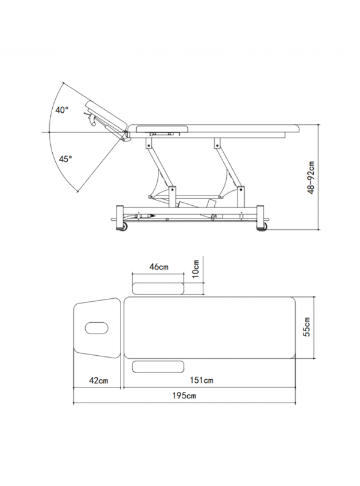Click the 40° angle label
point(62,110)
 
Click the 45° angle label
point(65,159)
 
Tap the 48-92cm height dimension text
point(311,178)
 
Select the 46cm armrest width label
point(159,266)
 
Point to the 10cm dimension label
point(196,269)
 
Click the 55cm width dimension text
point(307,328)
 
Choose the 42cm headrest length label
point(98,380)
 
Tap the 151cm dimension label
point(202,380)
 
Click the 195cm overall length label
point(184,395)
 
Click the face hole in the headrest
point(97,328)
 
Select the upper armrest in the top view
point(158,288)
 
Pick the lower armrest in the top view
point(158,367)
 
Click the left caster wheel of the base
point(124,227)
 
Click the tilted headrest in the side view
point(107,116)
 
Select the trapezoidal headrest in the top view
point(97,328)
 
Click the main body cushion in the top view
point(209,328)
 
